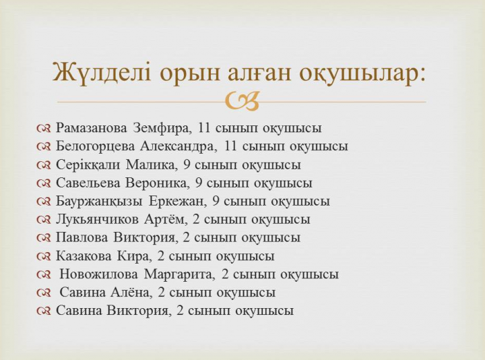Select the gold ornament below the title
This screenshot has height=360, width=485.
click(243, 101)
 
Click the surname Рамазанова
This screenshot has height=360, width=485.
click(91, 128)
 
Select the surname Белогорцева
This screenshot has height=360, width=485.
click(95, 147)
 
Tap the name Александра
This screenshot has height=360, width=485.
click(177, 147)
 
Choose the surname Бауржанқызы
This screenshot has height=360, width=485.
click(99, 202)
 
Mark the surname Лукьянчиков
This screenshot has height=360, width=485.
click(97, 220)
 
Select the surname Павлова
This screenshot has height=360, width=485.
click(82, 238)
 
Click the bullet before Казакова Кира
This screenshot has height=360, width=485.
click(43, 256)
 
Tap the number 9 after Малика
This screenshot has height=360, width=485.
click(187, 164)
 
